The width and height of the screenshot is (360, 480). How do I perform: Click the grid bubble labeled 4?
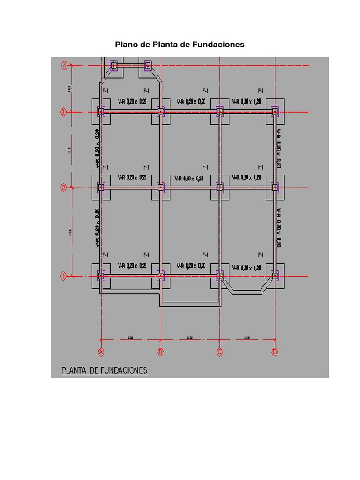click(x=64, y=66)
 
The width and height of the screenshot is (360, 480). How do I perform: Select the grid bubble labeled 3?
click(x=64, y=112)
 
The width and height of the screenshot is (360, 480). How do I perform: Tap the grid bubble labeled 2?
click(x=64, y=188)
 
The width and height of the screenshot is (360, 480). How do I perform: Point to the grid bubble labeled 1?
click(x=64, y=276)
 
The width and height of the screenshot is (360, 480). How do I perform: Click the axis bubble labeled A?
click(x=101, y=352)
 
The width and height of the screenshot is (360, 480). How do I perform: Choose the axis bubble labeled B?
click(x=161, y=352)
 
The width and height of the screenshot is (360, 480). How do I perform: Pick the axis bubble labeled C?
click(x=219, y=352)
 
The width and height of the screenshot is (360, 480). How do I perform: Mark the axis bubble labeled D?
click(x=275, y=352)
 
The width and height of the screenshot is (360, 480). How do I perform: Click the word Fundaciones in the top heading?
click(x=218, y=45)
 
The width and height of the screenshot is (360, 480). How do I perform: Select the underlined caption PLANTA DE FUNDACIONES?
click(x=105, y=371)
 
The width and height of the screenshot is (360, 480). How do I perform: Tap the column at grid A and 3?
click(x=101, y=112)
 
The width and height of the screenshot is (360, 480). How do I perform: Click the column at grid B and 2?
click(x=161, y=187)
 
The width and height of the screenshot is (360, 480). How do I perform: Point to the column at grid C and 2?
click(x=219, y=187)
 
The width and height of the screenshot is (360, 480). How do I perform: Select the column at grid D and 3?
click(x=275, y=112)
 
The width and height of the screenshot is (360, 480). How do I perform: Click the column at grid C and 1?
click(x=219, y=276)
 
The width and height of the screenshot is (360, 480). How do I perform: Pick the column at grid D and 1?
click(x=275, y=276)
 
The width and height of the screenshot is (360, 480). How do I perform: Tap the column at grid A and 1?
click(x=101, y=276)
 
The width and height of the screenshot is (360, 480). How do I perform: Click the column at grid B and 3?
click(x=161, y=112)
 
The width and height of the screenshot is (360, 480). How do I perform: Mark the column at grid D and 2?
click(x=275, y=187)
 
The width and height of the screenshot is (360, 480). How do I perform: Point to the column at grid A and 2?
click(x=101, y=187)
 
